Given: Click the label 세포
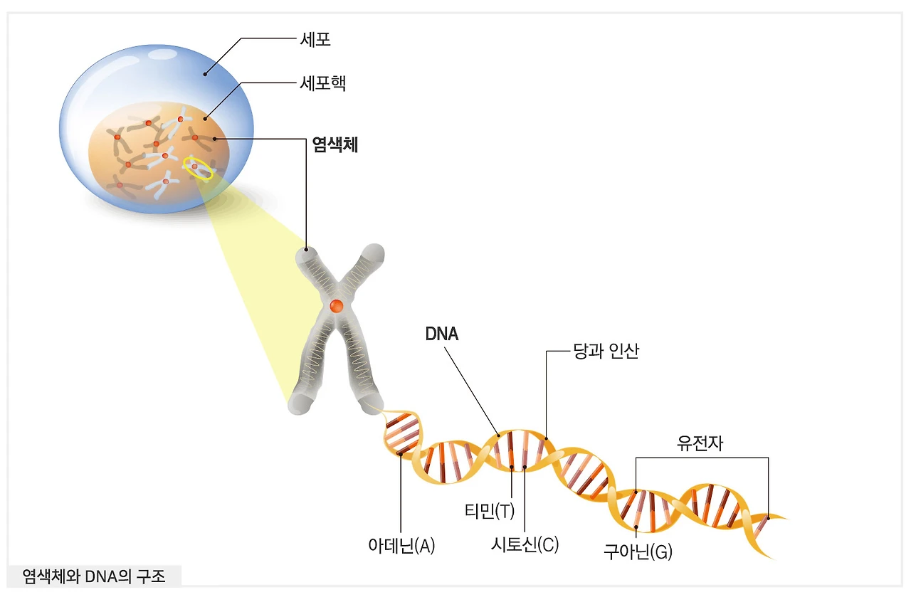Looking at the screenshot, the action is click(315, 40).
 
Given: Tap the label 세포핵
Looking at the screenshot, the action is click(323, 83).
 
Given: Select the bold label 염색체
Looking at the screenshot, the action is click(335, 146).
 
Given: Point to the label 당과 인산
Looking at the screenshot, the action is click(606, 351).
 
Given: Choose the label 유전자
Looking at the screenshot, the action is click(700, 443).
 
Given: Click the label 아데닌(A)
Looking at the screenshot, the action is click(401, 547).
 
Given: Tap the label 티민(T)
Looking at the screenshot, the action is click(489, 511).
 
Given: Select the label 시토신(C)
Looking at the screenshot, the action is click(525, 545).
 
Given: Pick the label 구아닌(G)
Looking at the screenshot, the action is click(638, 551).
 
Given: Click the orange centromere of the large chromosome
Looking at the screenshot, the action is click(337, 306).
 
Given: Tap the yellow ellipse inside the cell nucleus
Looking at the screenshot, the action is click(198, 168).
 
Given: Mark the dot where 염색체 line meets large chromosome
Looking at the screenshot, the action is click(307, 250).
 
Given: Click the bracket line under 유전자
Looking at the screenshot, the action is click(702, 458).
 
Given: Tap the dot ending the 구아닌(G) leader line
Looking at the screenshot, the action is click(636, 527).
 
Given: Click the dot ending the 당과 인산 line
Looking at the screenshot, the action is click(546, 438).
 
